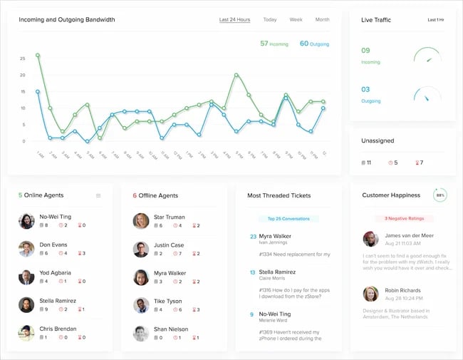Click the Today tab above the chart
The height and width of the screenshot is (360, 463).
point(269,20)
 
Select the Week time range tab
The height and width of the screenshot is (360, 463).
point(296,20)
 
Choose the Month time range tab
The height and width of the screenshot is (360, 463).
point(322,20)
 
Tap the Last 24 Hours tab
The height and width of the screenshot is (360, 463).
point(234,20)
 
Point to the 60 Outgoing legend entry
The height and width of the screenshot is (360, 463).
point(314,44)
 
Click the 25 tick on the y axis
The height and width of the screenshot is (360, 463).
point(23,58)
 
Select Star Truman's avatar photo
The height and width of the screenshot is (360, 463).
point(141,221)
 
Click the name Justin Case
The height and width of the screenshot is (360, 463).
point(169,245)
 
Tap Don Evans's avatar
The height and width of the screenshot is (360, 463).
point(26,249)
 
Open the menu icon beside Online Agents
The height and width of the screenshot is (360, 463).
point(98,195)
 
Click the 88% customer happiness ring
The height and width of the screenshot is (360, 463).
point(440,195)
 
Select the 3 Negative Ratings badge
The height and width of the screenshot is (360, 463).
point(405,219)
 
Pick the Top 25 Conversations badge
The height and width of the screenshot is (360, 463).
point(289,219)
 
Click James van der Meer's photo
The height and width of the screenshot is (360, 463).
point(370,239)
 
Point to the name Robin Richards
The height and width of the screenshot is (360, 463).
point(403,292)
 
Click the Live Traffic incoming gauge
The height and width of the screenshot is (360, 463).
point(427,56)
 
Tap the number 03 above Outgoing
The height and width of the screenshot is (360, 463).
point(366,90)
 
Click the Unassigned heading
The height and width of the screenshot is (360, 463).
point(378,141)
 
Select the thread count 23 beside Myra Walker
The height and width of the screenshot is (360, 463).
point(253,237)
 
